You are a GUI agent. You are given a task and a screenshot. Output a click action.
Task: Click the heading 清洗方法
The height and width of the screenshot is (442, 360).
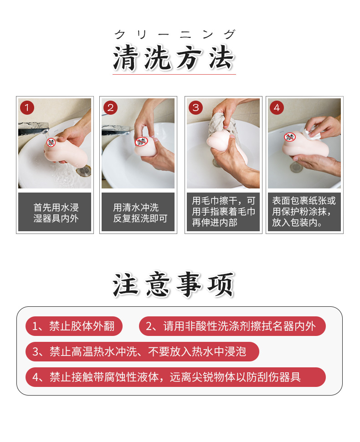click(174, 58)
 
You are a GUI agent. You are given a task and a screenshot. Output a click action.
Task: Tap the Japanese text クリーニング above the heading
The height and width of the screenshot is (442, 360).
click(175, 35)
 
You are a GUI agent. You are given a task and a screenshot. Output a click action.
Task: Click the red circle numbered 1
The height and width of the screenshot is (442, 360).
click(27, 108)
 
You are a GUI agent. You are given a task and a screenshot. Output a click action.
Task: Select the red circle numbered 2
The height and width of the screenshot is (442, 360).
click(110, 108)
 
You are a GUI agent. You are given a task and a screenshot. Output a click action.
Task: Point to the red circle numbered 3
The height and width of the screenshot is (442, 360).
click(196, 108)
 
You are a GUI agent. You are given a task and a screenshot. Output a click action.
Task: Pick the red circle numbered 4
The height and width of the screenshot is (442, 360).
click(277, 108)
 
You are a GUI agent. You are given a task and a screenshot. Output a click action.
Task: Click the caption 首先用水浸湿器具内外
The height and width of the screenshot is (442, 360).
click(56, 213)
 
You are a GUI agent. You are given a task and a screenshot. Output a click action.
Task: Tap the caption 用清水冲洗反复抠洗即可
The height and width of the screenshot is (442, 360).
click(140, 213)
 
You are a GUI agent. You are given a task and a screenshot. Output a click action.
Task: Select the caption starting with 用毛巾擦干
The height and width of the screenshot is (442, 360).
click(223, 212)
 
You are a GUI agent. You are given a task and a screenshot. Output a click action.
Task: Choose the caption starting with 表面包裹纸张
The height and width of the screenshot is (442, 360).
click(304, 212)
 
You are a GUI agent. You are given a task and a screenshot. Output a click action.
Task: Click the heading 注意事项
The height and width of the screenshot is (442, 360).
click(174, 285)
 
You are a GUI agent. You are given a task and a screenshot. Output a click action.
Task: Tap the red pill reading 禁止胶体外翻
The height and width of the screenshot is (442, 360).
click(74, 326)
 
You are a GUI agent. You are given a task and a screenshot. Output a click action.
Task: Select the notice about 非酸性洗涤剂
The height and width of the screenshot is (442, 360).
click(232, 326)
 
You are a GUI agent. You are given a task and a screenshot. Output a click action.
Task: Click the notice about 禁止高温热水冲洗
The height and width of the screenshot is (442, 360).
click(142, 351)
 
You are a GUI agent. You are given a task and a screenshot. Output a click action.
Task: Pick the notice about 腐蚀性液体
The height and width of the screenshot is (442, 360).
click(175, 377)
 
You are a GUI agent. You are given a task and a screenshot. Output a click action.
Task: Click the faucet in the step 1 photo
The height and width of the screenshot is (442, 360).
click(33, 129)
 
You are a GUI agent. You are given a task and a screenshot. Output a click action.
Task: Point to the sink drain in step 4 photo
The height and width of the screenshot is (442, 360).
click(296, 168)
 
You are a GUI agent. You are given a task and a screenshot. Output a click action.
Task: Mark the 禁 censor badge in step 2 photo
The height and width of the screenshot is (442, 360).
click(141, 142)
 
